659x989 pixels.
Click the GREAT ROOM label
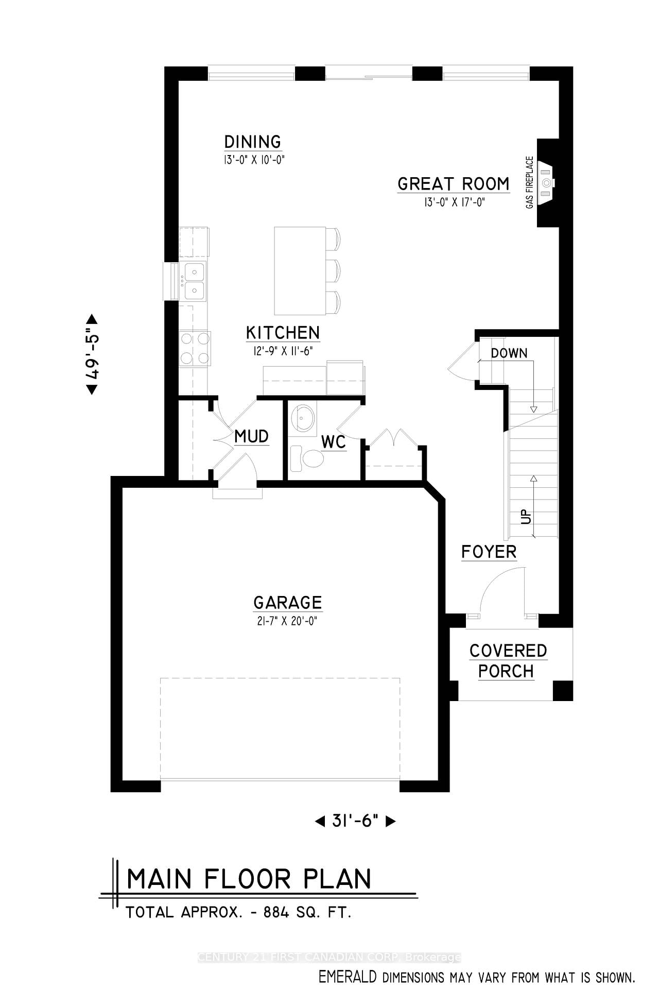click(x=453, y=184)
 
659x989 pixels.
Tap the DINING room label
click(x=252, y=142)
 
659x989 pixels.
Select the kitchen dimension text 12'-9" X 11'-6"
click(x=283, y=351)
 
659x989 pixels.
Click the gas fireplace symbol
click(x=546, y=182)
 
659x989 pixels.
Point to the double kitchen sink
click(x=193, y=280)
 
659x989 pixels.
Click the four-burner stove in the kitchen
click(x=195, y=348)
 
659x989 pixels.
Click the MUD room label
click(x=251, y=437)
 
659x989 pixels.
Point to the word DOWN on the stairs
click(x=509, y=353)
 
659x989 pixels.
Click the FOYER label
click(x=489, y=552)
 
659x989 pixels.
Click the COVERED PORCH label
click(x=508, y=661)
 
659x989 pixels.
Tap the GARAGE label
click(x=287, y=602)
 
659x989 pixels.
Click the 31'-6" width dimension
click(x=355, y=821)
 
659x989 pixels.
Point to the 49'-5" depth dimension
click(x=92, y=354)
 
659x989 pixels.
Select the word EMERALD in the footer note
click(x=348, y=976)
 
